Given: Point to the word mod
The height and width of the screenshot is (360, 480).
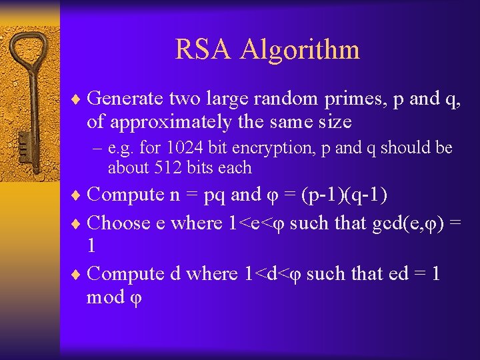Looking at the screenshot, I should point(106,297).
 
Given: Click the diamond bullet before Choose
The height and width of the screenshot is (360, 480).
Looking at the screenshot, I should point(77,223).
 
